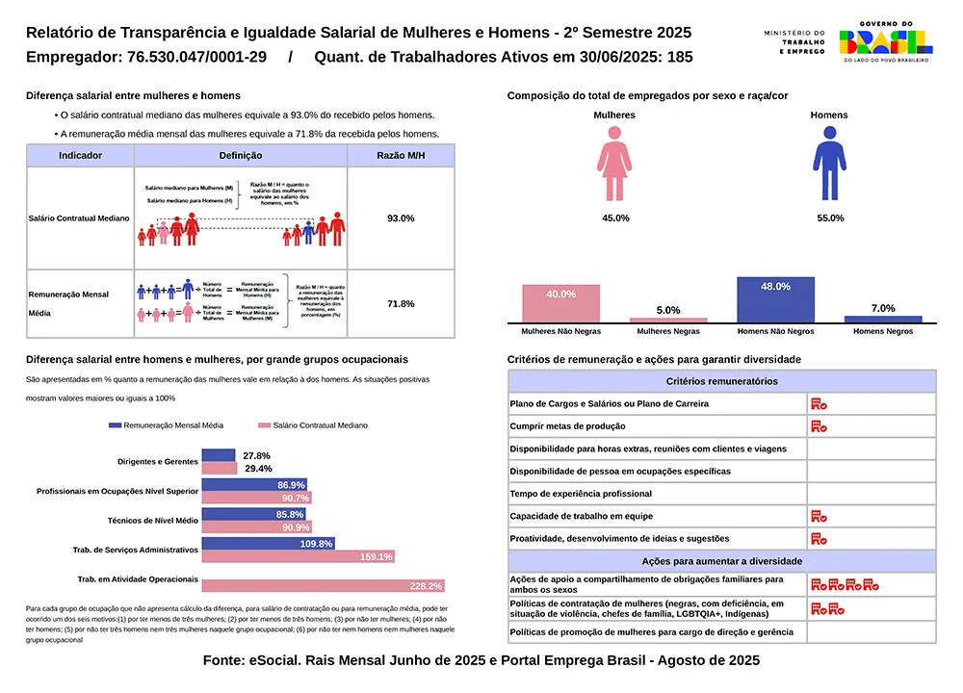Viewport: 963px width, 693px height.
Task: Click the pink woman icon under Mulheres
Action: (x=614, y=167)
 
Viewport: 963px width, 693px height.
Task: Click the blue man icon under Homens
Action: (x=828, y=167)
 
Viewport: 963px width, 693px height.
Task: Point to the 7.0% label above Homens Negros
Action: (x=882, y=308)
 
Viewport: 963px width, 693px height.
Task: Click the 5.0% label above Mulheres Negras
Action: (x=667, y=310)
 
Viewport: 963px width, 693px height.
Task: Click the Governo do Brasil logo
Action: (x=885, y=40)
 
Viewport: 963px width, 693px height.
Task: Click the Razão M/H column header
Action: (x=401, y=156)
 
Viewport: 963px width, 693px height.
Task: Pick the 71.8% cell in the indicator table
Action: (x=401, y=304)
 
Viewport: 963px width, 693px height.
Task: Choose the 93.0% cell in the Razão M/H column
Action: (x=401, y=218)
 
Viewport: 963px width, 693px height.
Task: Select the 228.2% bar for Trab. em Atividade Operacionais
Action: (x=323, y=585)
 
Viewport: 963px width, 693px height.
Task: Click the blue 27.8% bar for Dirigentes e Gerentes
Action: (x=218, y=455)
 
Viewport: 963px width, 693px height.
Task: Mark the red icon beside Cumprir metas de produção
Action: (x=819, y=426)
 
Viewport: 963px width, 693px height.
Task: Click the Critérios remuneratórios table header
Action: (x=721, y=382)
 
